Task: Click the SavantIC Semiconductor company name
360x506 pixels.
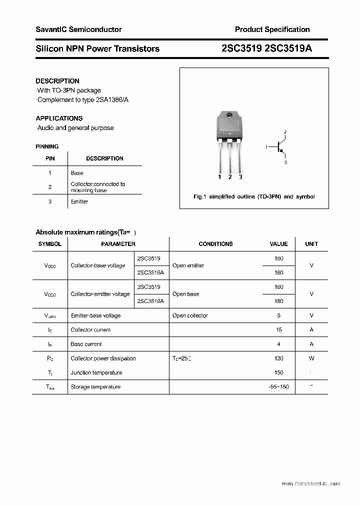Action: pyautogui.click(x=78, y=29)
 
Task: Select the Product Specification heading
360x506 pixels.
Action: pyautogui.click(x=272, y=29)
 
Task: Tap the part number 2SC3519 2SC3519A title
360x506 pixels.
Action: pyautogui.click(x=267, y=48)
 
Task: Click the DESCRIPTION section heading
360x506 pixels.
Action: pyautogui.click(x=57, y=81)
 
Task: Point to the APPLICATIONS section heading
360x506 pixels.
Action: pyautogui.click(x=59, y=118)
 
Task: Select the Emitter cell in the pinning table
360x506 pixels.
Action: pyautogui.click(x=79, y=201)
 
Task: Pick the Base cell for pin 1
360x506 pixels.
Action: pyautogui.click(x=77, y=173)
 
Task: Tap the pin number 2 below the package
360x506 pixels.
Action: pyautogui.click(x=230, y=177)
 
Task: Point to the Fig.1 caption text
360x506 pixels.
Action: pyautogui.click(x=254, y=196)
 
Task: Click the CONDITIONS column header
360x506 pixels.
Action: pyautogui.click(x=215, y=244)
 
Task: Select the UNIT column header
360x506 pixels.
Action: pyautogui.click(x=311, y=244)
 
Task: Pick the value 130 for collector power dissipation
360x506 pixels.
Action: pyautogui.click(x=278, y=358)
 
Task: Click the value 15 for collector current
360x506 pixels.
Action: pyautogui.click(x=278, y=330)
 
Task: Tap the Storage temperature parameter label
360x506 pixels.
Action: pyautogui.click(x=95, y=387)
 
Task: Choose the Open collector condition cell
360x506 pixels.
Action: pyautogui.click(x=190, y=315)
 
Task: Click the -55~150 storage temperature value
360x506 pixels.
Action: pyautogui.click(x=278, y=387)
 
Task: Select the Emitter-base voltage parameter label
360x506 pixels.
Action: pyautogui.click(x=95, y=315)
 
